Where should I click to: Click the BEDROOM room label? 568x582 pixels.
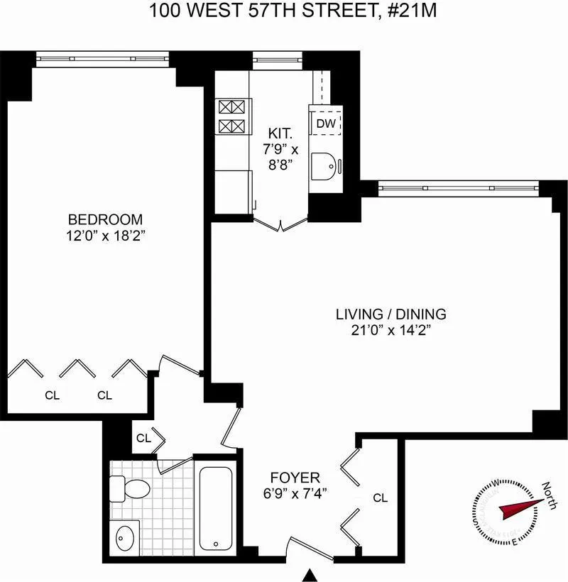coord(105,219)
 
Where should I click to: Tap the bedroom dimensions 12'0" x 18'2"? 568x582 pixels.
coord(105,235)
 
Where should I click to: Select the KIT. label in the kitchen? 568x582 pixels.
coord(278,133)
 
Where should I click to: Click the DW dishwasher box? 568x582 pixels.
coord(326,123)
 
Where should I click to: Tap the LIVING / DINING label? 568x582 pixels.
coord(391,314)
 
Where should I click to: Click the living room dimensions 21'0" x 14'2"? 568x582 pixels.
coord(391,329)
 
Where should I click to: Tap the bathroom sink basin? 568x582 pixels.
coord(126,534)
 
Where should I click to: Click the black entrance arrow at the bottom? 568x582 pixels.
coord(310,575)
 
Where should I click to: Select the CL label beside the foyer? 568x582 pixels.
coord(381,498)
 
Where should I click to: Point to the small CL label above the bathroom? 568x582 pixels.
coord(143,439)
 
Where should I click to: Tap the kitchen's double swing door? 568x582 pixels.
coord(281,224)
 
